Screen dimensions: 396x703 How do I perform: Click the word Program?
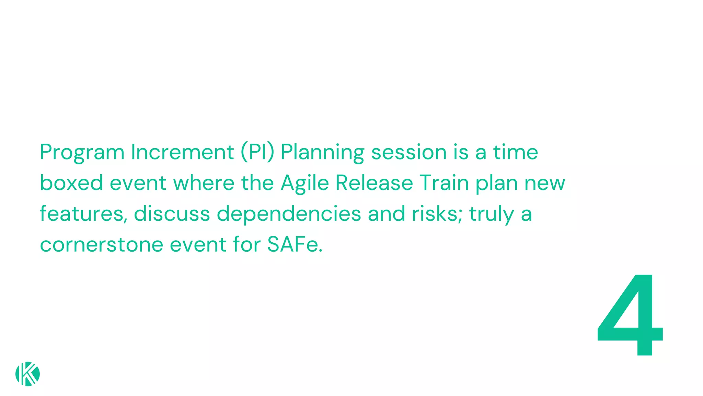82,152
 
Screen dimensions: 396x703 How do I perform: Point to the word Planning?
322,152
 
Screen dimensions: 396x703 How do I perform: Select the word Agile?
305,183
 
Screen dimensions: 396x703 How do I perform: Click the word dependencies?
289,214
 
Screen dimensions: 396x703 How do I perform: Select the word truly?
492,214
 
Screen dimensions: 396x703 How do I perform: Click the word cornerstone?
102,244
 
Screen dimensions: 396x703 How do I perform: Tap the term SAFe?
295,244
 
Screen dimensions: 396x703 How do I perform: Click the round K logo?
27,374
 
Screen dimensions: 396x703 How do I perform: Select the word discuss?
172,213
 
